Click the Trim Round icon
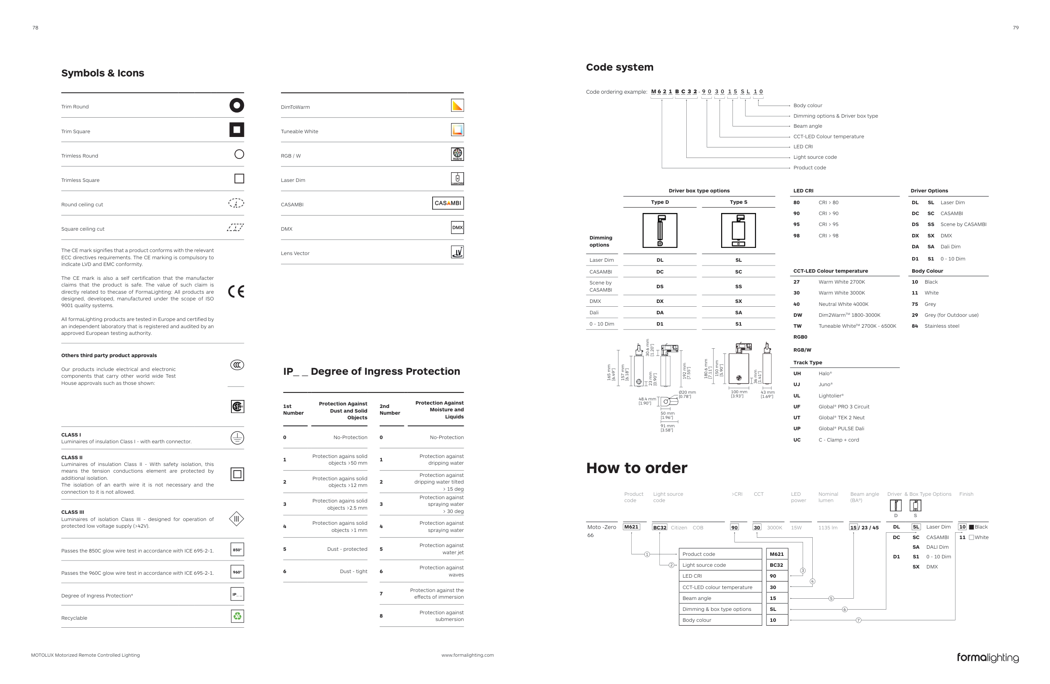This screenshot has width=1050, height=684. pyautogui.click(x=236, y=105)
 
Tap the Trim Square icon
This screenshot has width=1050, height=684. pyautogui.click(x=236, y=130)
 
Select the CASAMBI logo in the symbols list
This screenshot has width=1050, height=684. pyautogui.click(x=448, y=203)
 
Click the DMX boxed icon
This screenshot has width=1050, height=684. pyautogui.click(x=457, y=228)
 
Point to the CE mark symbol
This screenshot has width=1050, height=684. pyautogui.click(x=236, y=292)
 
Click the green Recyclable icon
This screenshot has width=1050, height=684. pyautogui.click(x=237, y=616)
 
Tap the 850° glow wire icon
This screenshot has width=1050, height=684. pyautogui.click(x=237, y=550)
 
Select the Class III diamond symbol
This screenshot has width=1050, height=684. pyautogui.click(x=236, y=519)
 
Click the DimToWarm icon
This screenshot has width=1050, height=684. pyautogui.click(x=457, y=105)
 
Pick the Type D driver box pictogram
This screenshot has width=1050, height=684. pyautogui.click(x=659, y=230)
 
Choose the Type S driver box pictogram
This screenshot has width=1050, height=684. pyautogui.click(x=738, y=230)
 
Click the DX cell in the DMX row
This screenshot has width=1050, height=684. pyautogui.click(x=659, y=301)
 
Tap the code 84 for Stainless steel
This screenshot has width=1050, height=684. pyautogui.click(x=915, y=326)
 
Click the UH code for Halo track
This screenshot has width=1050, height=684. pyautogui.click(x=797, y=374)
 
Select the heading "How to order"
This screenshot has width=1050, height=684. pyautogui.click(x=636, y=468)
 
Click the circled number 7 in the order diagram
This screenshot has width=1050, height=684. pyautogui.click(x=858, y=621)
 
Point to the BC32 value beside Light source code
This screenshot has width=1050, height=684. pyautogui.click(x=777, y=565)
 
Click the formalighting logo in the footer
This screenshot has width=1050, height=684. pyautogui.click(x=987, y=658)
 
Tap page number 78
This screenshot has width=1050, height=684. pyautogui.click(x=35, y=28)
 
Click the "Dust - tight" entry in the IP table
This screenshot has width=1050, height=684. pyautogui.click(x=353, y=571)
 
